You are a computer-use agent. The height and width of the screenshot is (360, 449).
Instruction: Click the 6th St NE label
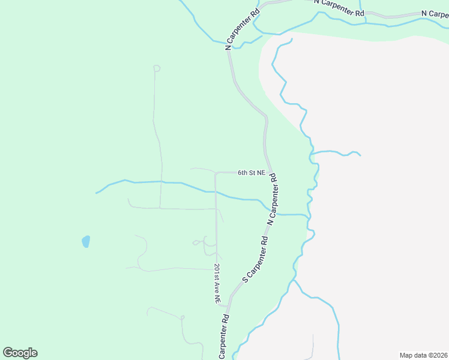251,173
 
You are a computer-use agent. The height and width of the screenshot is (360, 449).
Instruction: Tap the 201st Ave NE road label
217,284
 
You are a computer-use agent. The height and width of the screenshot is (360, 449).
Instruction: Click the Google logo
20,353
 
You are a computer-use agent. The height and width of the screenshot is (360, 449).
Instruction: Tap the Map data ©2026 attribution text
423,355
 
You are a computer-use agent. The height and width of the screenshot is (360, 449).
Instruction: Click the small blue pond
86,241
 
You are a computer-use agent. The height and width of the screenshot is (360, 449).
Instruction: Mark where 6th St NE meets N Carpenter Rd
270,172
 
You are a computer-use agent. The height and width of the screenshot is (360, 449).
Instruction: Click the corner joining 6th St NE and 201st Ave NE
215,173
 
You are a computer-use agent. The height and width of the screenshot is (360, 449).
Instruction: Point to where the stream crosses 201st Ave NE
215,192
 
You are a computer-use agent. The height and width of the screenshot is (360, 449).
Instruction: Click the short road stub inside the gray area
313,346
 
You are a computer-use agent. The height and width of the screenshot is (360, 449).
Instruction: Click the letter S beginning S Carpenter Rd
244,279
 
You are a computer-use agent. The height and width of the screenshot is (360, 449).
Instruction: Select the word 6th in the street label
242,173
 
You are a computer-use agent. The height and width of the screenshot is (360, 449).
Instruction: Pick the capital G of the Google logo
8,353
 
